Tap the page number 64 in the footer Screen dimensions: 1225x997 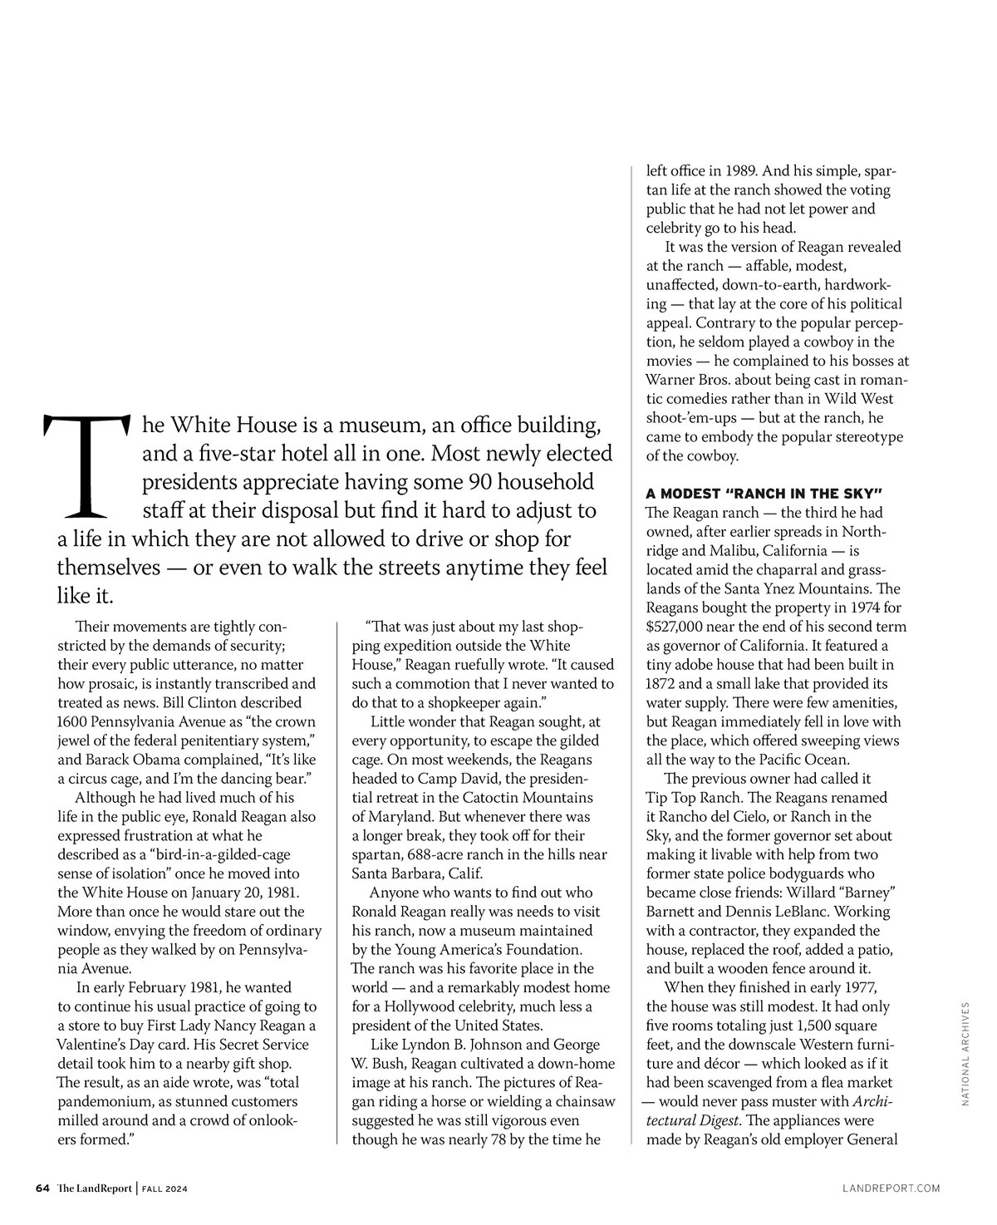43,1188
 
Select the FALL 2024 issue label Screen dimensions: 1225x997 164,1189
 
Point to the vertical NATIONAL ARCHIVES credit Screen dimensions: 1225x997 966,1053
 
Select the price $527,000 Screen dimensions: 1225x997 680,627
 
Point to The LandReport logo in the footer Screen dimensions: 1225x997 94,1188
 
